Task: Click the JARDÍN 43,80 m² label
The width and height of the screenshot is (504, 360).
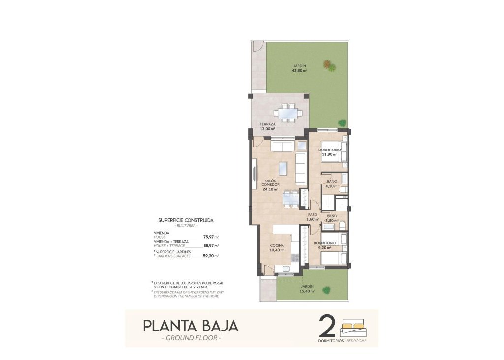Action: pos(300,68)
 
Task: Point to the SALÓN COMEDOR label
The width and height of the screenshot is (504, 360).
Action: pos(271,184)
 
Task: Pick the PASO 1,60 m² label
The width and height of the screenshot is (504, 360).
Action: pos(313,217)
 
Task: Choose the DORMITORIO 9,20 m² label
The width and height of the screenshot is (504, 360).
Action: pos(325,245)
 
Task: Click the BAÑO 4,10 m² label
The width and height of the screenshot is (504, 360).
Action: pos(332,184)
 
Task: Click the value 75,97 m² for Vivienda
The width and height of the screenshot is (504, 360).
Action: pos(210,237)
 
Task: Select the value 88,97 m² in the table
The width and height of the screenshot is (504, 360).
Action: pos(210,246)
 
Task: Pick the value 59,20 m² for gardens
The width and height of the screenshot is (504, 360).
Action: pos(210,256)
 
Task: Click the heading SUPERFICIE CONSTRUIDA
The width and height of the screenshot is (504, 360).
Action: pos(186,220)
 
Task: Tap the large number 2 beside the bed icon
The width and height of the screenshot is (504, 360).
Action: pos(328,325)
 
